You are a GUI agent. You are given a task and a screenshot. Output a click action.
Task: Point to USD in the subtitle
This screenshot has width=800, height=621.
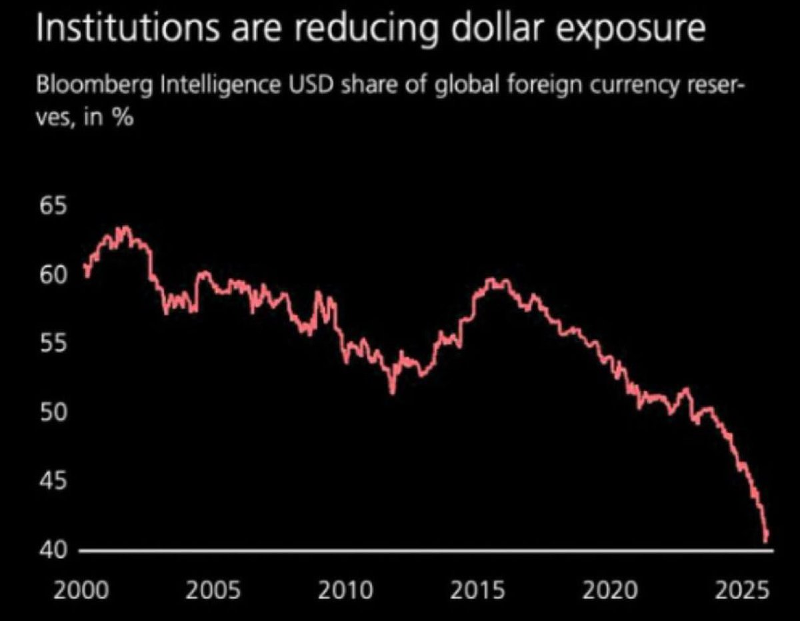313,87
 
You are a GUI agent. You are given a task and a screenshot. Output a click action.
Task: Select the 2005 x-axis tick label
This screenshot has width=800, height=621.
212,589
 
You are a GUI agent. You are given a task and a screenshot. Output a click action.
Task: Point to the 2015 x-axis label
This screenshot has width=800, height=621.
477,589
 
